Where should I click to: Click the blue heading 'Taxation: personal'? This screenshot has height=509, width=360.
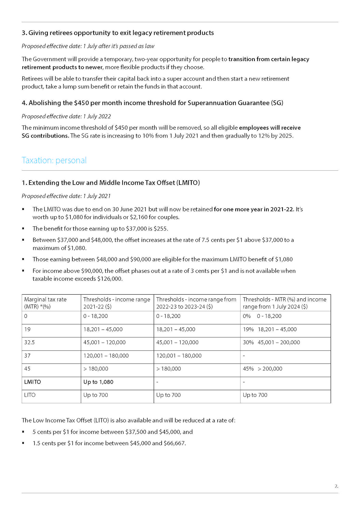[54, 160]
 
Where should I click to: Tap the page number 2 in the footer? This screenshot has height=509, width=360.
[336, 486]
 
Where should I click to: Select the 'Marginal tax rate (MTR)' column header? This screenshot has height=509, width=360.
[45, 303]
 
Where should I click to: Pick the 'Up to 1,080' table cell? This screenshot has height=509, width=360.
[98, 382]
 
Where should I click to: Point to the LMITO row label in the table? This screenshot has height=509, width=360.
[32, 382]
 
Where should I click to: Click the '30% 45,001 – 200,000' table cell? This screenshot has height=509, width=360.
[271, 342]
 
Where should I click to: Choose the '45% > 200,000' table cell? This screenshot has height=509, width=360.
[262, 369]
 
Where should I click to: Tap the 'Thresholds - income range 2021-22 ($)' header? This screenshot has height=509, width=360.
[116, 303]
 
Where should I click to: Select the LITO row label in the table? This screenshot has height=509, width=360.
[30, 395]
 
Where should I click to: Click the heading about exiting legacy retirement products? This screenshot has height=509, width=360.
[117, 33]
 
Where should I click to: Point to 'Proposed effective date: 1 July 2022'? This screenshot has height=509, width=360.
[66, 116]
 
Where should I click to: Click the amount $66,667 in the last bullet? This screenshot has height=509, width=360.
[174, 443]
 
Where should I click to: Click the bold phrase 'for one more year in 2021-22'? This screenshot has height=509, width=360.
[253, 209]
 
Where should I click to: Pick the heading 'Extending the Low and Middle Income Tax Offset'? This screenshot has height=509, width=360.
[111, 183]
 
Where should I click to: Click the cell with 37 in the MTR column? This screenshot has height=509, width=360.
[27, 356]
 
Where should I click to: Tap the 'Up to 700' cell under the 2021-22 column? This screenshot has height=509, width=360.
[96, 395]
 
